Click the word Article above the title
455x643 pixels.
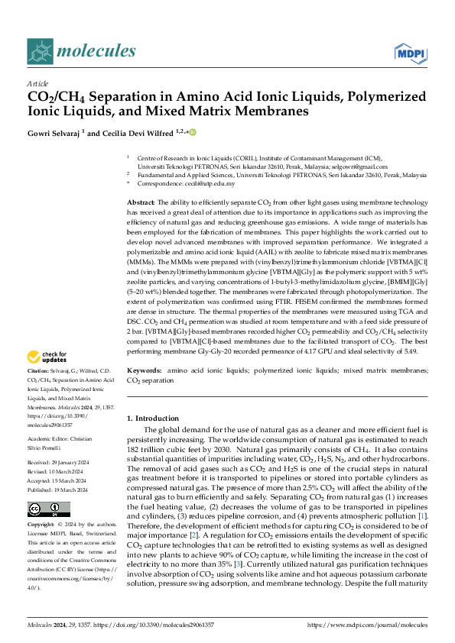(37, 83)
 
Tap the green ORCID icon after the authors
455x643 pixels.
(192, 132)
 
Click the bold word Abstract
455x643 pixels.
(141, 200)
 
